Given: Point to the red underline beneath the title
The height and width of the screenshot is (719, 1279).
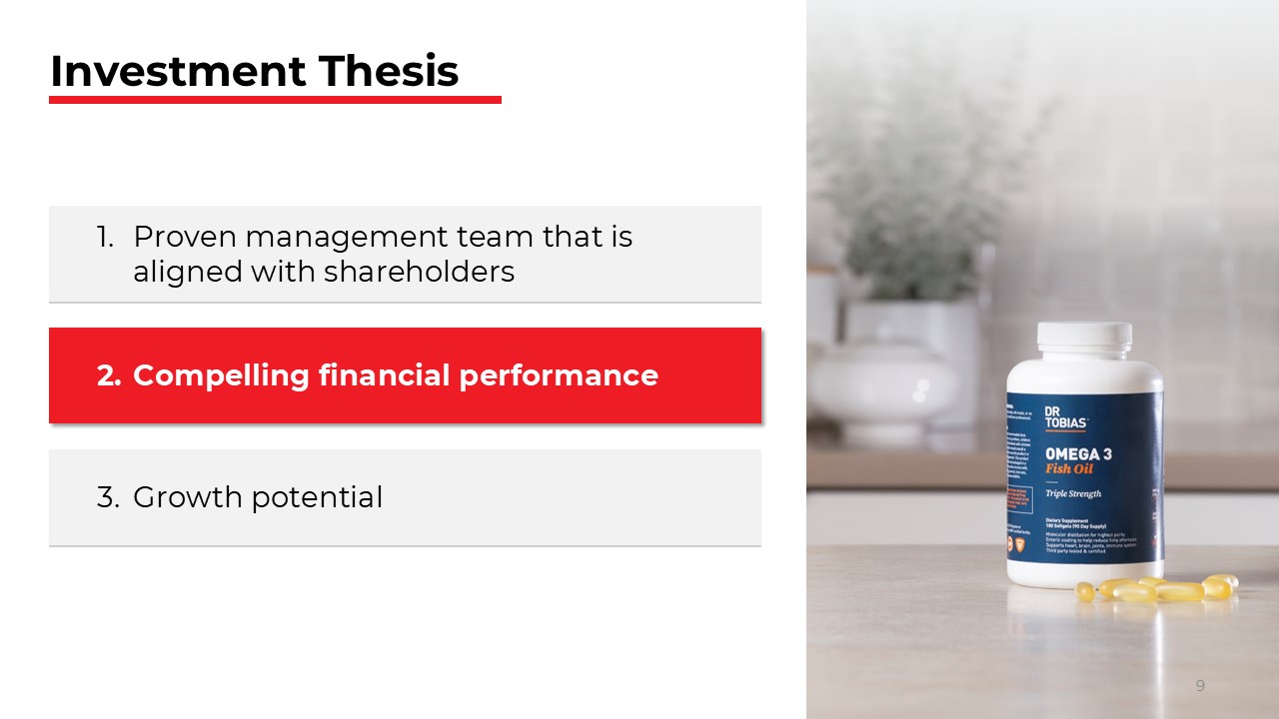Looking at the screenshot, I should click(275, 100).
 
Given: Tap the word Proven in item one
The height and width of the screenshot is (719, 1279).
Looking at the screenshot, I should click(185, 237).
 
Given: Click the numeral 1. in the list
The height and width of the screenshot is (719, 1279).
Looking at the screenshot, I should click(106, 237).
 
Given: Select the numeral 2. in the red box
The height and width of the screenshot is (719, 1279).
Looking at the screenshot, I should click(108, 375).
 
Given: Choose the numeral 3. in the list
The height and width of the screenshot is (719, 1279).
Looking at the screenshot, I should click(108, 497).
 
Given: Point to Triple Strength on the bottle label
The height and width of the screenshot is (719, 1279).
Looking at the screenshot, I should click(1073, 494).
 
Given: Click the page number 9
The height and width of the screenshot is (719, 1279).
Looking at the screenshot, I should click(1200, 685).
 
